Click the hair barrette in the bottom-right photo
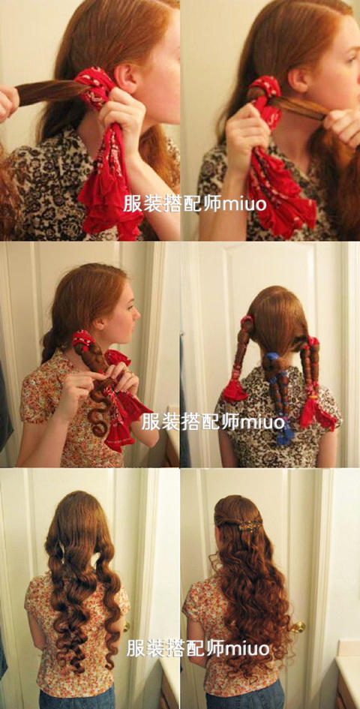point(250,525)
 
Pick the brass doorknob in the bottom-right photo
point(297,627)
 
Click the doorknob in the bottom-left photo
point(126,626)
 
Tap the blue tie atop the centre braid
point(272,357)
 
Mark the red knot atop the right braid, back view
point(313,341)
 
